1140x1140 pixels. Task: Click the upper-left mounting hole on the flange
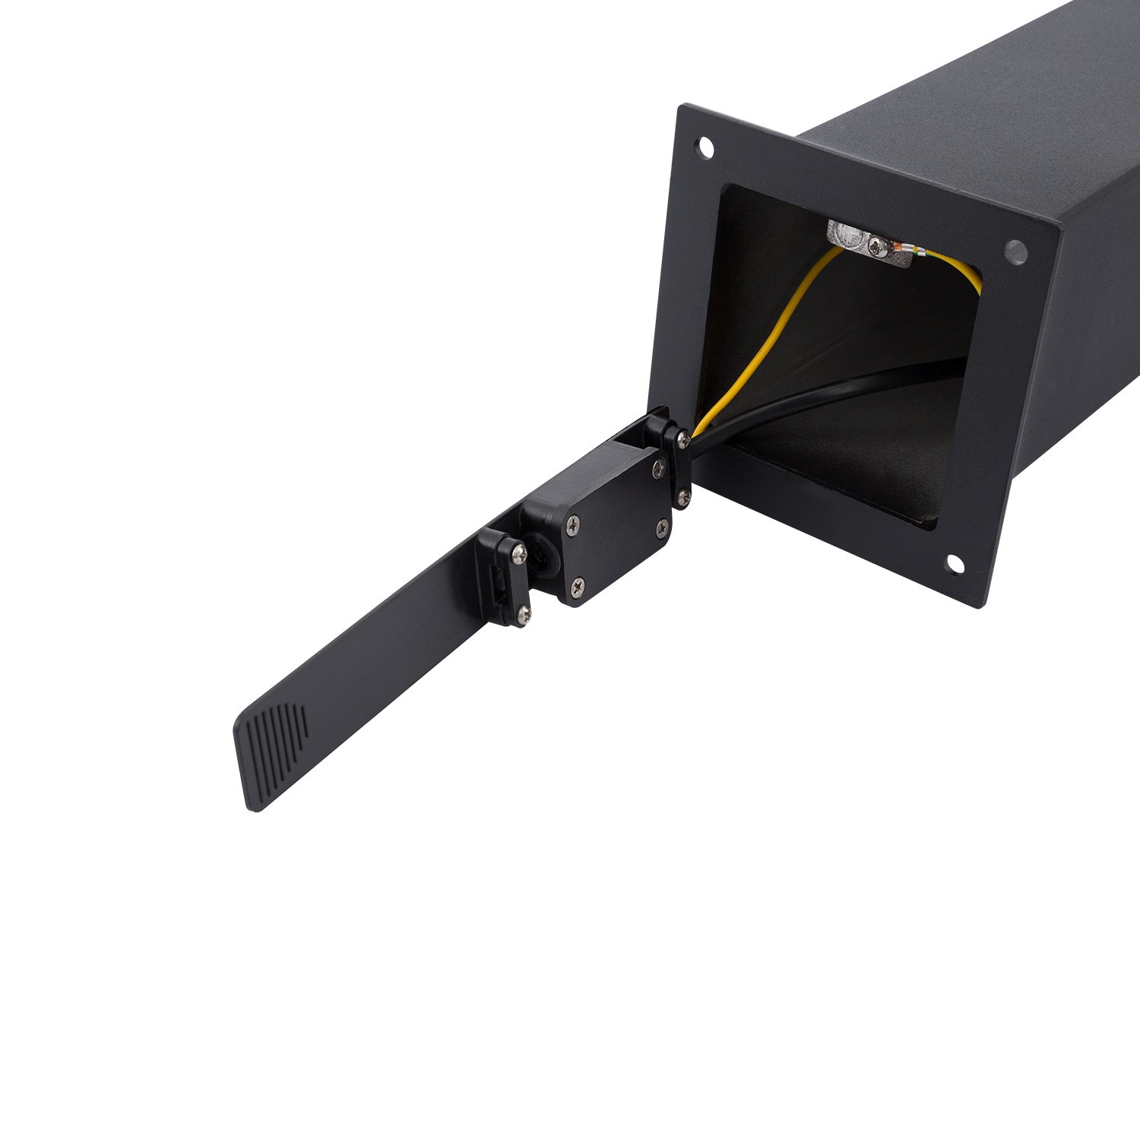click(x=706, y=147)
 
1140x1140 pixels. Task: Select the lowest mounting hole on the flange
click(x=955, y=563)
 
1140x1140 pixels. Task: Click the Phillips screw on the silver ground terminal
click(x=879, y=245)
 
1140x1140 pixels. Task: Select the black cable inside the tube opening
click(x=821, y=395)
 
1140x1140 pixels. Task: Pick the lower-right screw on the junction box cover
click(x=663, y=525)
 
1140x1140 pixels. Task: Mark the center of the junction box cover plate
click(x=617, y=524)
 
